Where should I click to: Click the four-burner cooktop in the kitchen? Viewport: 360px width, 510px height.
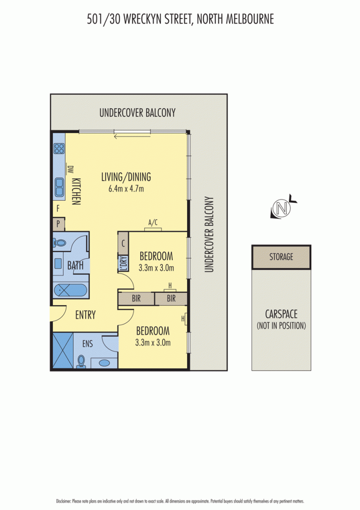59,148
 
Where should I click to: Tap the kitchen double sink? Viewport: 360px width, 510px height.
59,187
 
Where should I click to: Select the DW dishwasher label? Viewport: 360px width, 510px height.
70,169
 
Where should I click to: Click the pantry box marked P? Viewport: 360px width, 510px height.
59,224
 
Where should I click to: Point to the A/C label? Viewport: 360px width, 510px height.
153,223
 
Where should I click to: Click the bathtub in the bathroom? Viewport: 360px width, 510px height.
71,290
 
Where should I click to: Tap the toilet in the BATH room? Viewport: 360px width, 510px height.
60,243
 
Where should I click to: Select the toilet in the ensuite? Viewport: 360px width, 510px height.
81,362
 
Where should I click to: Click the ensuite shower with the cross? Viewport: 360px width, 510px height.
63,350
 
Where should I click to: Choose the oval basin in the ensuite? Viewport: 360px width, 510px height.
104,363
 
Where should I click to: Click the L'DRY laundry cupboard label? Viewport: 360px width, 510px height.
123,263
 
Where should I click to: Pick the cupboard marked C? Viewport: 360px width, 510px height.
123,243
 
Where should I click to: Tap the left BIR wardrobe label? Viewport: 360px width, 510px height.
136,298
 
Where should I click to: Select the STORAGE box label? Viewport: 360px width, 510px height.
281,257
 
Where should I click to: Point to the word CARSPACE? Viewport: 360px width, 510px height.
281,314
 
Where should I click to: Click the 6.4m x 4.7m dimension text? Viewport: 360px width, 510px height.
126,188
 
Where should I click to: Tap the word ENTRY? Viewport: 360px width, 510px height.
86,315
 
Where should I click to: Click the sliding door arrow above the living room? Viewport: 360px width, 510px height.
132,136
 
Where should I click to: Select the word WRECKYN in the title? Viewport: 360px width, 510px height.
142,19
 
